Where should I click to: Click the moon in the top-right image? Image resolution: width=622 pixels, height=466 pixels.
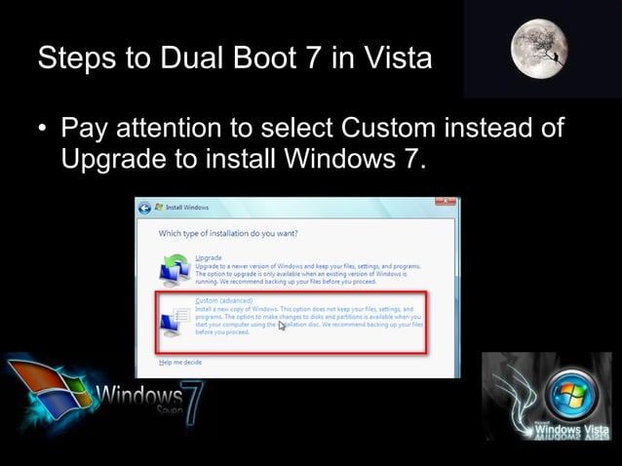[539, 48]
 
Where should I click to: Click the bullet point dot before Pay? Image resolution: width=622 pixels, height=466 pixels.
[43, 129]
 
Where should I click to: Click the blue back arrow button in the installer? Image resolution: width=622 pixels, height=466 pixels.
[145, 208]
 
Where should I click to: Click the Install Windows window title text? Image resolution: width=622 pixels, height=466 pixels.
[186, 208]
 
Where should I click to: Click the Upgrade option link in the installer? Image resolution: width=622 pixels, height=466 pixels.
[209, 257]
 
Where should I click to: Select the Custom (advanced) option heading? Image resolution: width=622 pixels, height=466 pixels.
[223, 300]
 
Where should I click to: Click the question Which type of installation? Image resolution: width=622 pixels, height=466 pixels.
[227, 233]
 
